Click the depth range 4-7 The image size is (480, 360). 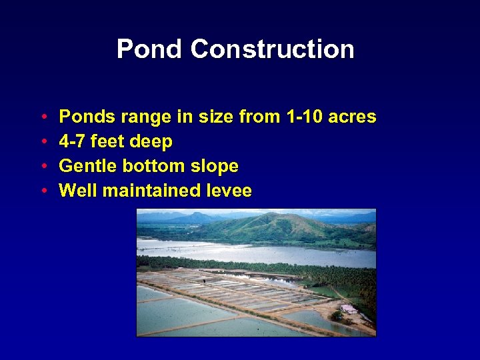click(72, 142)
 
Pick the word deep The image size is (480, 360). click(151, 142)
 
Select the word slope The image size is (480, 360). click(216, 166)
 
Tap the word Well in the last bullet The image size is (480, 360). click(75, 191)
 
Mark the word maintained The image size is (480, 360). click(148, 191)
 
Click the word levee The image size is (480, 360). click(229, 191)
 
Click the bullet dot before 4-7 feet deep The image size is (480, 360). click(42, 142)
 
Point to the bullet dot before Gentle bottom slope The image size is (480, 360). click(42, 166)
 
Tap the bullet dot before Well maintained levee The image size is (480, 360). click(42, 191)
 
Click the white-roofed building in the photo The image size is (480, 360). click(347, 309)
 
